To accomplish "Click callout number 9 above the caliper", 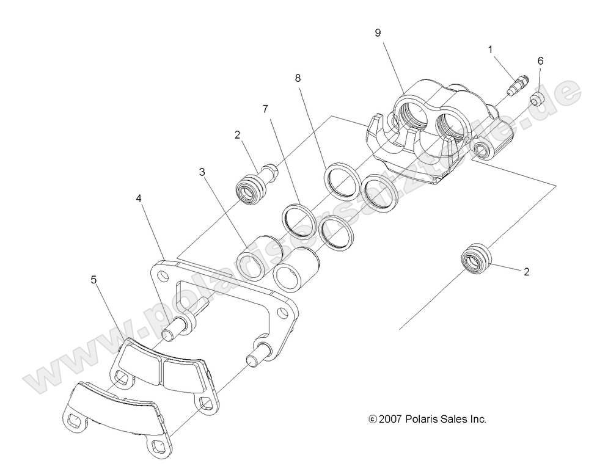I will (x=378, y=33).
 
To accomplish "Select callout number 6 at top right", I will (x=540, y=61).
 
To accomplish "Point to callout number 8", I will (x=298, y=78).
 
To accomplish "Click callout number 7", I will (x=265, y=109).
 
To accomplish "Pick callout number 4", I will (x=139, y=198).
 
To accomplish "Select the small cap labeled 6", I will (x=537, y=99).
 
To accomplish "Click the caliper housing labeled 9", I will (x=428, y=134).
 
